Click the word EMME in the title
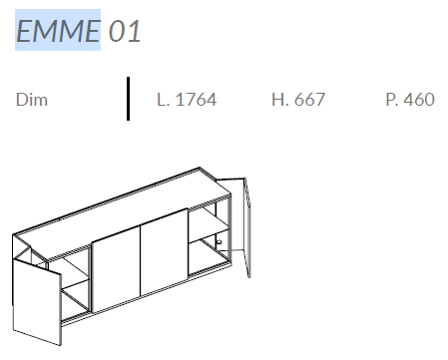click(x=58, y=31)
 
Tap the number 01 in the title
click(x=125, y=31)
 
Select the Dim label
click(x=32, y=100)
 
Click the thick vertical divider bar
click(x=128, y=99)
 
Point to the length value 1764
click(x=197, y=100)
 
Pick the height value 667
click(x=309, y=100)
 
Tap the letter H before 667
click(x=279, y=100)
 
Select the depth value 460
click(x=420, y=100)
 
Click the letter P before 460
click(x=391, y=100)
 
